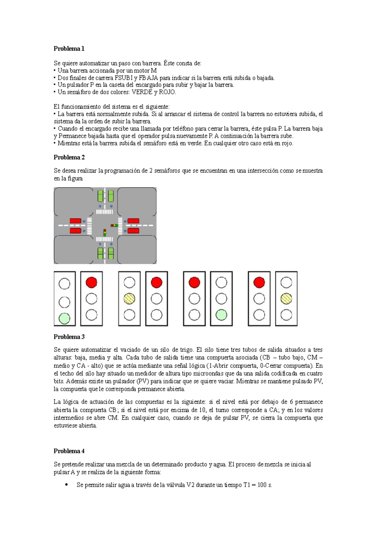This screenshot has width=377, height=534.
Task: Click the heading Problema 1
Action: point(69,48)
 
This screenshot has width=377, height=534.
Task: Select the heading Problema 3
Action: point(69,337)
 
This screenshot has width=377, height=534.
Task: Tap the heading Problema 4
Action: point(69,451)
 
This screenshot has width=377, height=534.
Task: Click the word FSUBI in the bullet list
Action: point(124,78)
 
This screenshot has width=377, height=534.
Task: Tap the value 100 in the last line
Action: point(262,485)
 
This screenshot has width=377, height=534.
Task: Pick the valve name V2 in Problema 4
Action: point(191,485)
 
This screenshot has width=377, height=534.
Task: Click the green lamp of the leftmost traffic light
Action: point(64,318)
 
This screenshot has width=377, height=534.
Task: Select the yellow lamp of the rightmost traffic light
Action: point(286,299)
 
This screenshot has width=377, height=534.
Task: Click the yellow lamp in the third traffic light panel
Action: point(129,299)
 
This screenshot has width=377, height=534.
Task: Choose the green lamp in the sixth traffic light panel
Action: point(221,315)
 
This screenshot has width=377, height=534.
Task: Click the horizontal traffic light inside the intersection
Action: point(114,225)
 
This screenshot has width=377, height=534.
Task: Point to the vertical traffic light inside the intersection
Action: point(105,233)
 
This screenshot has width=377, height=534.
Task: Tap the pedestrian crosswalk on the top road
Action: point(104,212)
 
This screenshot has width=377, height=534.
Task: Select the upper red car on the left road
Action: point(75,221)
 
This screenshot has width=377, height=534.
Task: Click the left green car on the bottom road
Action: point(100,253)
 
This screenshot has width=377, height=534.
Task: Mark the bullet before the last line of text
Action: point(66,485)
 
